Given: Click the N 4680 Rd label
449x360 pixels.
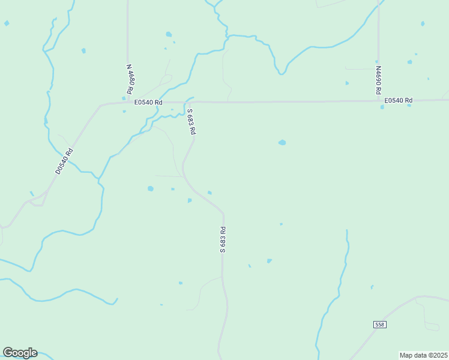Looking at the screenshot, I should pos(130,77).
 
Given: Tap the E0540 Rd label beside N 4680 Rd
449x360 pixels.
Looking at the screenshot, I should pos(148,102).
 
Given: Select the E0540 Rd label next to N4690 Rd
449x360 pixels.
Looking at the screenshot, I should pos(399,100).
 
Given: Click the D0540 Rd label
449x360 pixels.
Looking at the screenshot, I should pos(64,161).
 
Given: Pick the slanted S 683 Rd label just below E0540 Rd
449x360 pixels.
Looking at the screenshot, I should pos(191,121).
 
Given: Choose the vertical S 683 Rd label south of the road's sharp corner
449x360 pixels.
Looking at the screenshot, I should pos(222,239).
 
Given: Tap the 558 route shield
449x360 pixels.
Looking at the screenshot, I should pos(379,325).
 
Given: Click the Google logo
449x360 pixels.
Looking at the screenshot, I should pos(20,353).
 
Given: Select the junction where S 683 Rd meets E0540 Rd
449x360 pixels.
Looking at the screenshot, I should pos(191,102).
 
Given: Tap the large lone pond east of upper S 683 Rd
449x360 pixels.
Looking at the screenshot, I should pos(282,143).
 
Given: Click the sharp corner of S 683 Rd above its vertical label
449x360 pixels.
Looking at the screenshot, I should pos(223,212).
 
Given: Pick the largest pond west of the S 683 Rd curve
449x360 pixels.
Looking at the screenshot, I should pos(151,188).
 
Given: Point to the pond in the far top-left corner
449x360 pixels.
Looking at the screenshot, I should pos(7,23).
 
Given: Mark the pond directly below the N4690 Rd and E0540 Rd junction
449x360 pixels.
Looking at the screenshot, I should pos(382,107).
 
